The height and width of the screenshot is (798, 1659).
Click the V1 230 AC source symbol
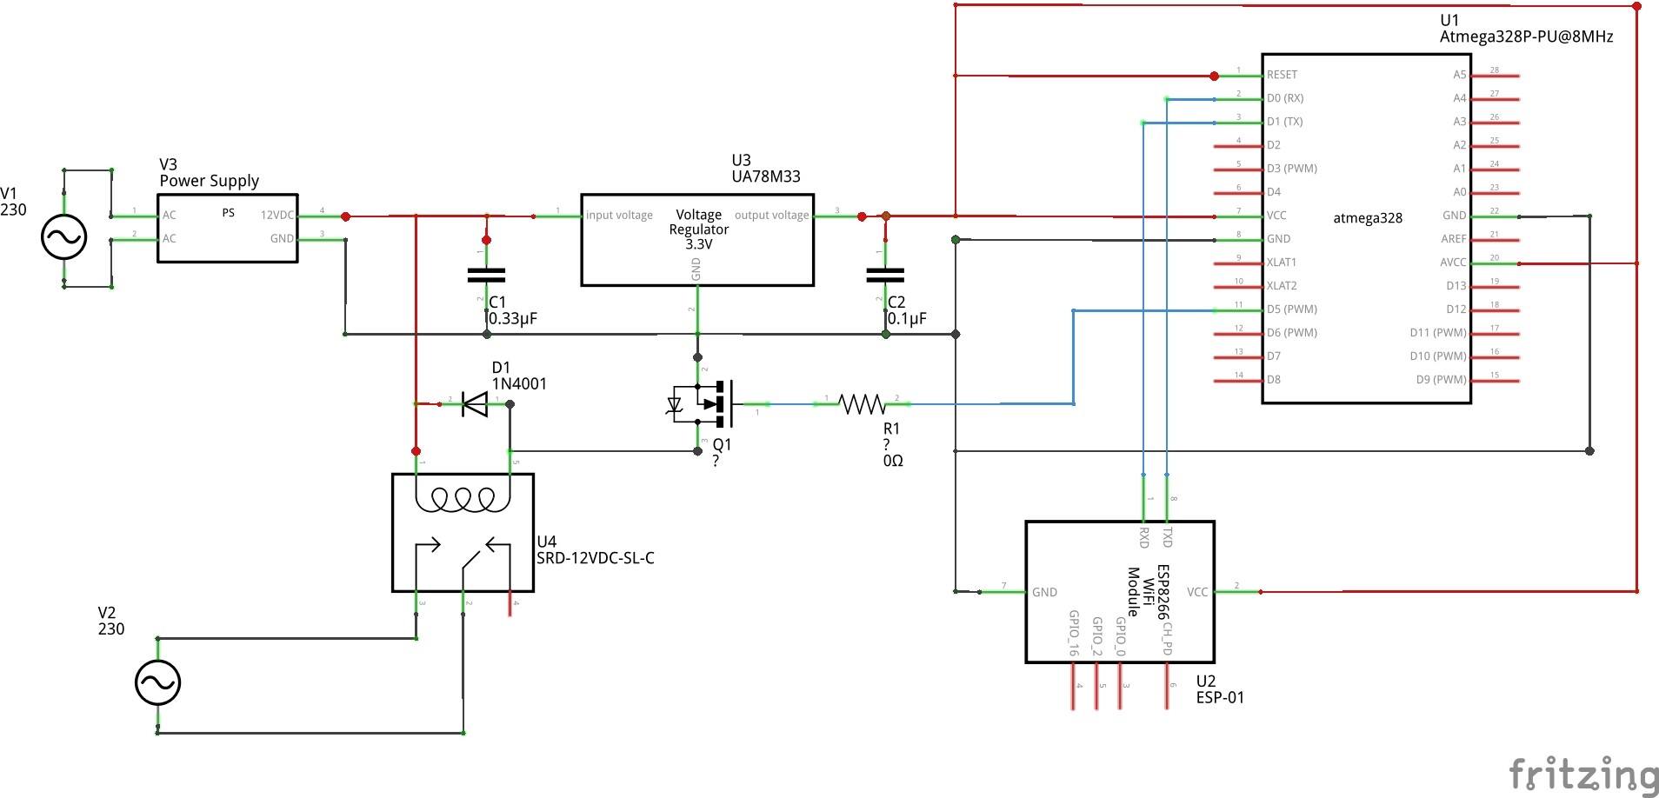(x=63, y=236)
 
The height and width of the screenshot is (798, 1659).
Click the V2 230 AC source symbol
(x=157, y=682)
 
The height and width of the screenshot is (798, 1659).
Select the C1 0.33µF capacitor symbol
(x=486, y=276)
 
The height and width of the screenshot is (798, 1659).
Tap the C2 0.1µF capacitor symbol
(x=885, y=276)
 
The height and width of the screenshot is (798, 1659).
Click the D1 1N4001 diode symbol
(x=475, y=403)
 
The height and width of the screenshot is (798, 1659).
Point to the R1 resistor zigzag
(x=862, y=403)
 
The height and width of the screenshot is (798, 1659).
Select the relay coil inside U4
(x=463, y=499)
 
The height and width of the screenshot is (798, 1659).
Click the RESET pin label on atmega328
(x=1282, y=75)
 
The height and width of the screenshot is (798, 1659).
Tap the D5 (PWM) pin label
(x=1291, y=309)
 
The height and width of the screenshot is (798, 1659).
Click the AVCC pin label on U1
(x=1453, y=263)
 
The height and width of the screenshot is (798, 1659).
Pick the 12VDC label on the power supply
(x=277, y=215)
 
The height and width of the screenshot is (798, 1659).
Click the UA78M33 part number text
(x=765, y=176)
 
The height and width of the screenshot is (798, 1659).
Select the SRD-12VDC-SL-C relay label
(x=595, y=558)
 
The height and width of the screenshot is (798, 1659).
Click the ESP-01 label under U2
(x=1220, y=697)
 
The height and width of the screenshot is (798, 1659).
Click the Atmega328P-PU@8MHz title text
(x=1526, y=37)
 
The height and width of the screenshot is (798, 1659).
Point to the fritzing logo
(x=1582, y=773)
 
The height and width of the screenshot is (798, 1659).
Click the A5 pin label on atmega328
(x=1459, y=75)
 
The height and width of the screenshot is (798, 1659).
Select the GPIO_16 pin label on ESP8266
(x=1074, y=632)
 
